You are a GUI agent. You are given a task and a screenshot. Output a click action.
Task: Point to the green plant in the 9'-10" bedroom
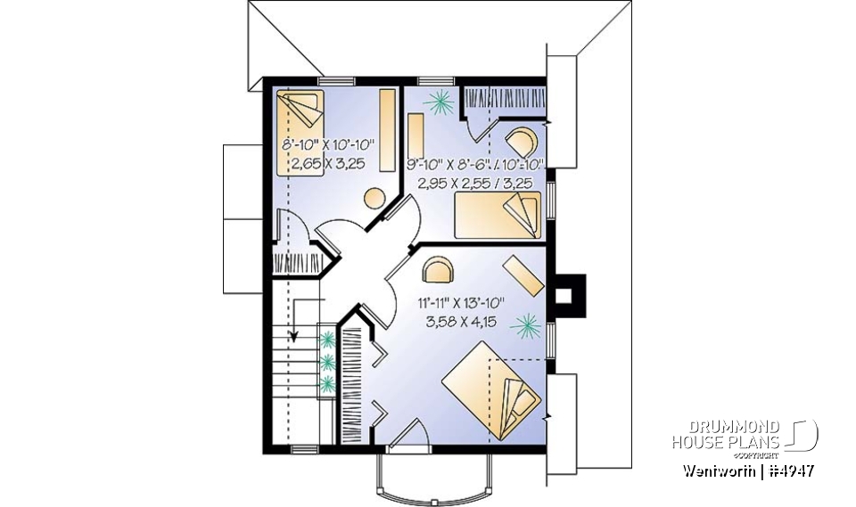click(x=437, y=103)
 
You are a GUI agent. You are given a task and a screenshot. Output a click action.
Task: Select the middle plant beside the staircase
click(x=328, y=362)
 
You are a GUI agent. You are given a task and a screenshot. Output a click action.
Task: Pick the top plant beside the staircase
click(x=328, y=339)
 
